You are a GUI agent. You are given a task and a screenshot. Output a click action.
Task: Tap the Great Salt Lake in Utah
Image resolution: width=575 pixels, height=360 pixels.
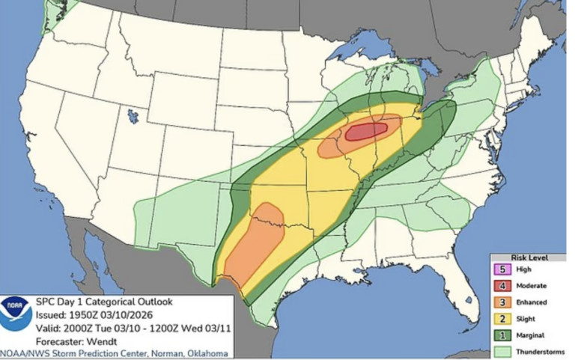click(x=133, y=116)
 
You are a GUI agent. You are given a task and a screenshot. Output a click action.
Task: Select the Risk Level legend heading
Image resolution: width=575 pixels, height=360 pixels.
click(x=529, y=257)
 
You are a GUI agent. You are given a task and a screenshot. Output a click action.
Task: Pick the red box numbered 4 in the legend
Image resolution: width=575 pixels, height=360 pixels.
click(x=504, y=286)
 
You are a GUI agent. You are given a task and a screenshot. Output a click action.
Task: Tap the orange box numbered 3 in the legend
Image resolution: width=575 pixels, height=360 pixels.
click(x=504, y=302)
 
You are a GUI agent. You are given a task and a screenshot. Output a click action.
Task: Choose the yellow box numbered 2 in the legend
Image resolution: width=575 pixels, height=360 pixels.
click(x=504, y=318)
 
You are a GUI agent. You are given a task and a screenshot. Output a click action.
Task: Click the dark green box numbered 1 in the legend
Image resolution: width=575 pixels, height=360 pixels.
click(x=504, y=335)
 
